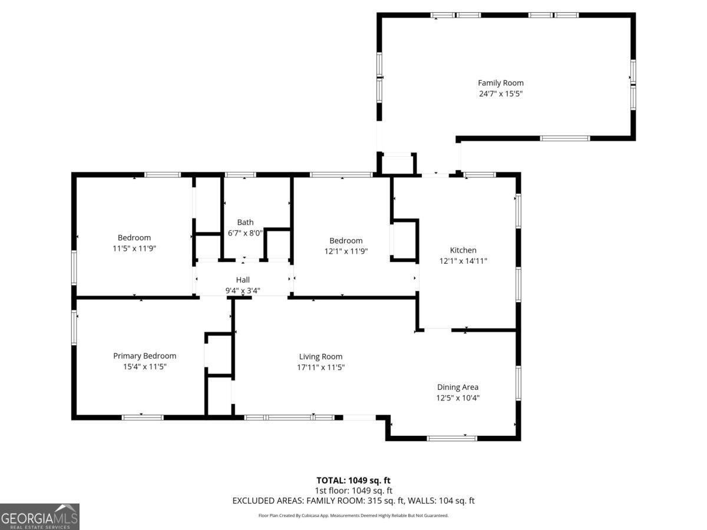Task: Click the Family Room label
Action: [500, 83]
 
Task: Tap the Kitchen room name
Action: [463, 250]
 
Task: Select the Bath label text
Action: [245, 222]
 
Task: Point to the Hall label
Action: [243, 280]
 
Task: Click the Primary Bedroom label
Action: [144, 356]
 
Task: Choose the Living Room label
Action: [321, 356]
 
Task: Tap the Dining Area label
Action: [457, 387]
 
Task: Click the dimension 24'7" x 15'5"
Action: [500, 94]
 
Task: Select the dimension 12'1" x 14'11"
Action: [463, 261]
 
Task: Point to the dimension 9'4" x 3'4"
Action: [243, 290]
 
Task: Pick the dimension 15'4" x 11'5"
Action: [144, 366]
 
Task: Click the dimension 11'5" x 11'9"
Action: [134, 249]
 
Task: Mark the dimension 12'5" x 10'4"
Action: [457, 397]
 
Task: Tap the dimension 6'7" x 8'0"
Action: [245, 233]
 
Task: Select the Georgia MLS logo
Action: [39, 516]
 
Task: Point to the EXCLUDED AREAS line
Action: [353, 501]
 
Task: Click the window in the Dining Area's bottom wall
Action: [451, 438]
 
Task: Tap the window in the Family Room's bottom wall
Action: [564, 138]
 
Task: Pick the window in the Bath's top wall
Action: [240, 174]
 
